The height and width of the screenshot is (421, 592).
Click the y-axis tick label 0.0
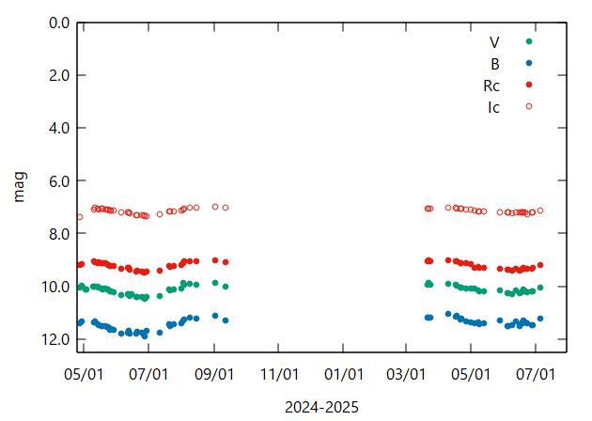point(59,23)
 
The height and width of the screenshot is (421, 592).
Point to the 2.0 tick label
point(59,75)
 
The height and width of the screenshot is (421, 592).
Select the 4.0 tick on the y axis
point(59,128)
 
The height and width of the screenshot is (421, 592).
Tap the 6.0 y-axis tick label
point(59,180)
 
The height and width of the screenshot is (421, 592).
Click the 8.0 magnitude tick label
point(59,233)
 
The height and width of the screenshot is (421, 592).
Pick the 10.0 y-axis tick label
point(55,287)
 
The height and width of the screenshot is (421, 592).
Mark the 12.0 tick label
point(55,339)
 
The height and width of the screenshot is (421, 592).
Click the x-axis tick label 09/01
point(214,374)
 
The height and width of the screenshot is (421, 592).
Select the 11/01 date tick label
point(279,374)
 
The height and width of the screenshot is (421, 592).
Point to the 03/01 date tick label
point(406,374)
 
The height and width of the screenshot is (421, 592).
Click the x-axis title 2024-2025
point(322,406)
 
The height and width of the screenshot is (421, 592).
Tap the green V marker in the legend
point(529,41)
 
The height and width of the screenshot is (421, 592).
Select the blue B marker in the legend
point(529,63)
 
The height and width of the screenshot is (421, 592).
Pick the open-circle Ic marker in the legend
point(529,106)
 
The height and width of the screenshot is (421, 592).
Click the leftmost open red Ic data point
point(80,217)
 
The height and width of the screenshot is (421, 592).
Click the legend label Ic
point(493,106)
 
